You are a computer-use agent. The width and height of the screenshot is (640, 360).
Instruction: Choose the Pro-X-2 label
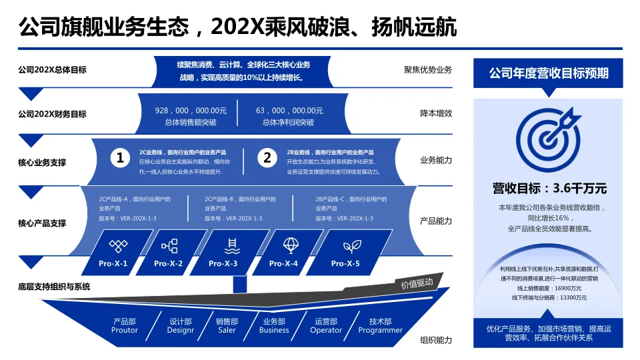coord(168,264)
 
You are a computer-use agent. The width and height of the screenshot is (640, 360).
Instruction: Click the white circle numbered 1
coord(120,158)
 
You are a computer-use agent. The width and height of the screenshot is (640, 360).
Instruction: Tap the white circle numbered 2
coord(267,158)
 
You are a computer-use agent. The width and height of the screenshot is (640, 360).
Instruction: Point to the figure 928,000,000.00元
coord(191,111)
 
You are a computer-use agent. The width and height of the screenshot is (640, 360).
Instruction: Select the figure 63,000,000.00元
coord(289,111)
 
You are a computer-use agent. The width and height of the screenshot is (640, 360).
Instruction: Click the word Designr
coord(181,330)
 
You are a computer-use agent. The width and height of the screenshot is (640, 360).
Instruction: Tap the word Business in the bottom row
coord(274,330)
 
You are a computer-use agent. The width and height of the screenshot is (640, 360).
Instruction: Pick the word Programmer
coord(381,330)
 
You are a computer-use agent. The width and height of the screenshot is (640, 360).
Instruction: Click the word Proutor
coord(125,330)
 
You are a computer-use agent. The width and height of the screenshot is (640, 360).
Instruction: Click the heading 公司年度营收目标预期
coord(549,73)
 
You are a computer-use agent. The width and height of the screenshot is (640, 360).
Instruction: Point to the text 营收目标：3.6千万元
coord(549,189)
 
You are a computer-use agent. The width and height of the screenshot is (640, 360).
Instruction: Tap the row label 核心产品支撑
coord(42,223)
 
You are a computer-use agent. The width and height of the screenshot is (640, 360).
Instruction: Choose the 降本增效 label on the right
coord(436,113)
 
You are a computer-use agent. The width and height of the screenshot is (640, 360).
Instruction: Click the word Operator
coord(326,330)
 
